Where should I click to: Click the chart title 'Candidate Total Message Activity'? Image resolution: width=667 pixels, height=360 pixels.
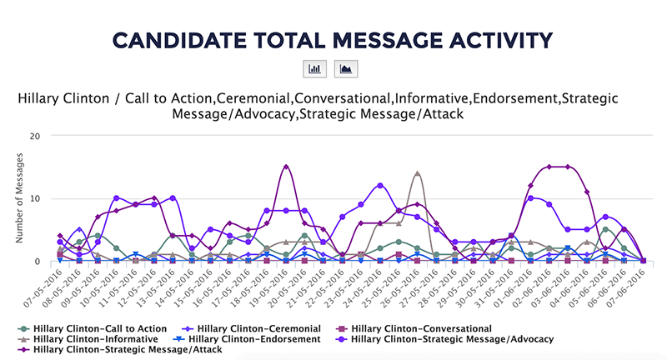[x=333, y=39]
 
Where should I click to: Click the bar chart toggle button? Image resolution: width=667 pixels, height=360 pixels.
[x=316, y=70]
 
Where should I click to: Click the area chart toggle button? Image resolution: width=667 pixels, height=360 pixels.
[x=344, y=70]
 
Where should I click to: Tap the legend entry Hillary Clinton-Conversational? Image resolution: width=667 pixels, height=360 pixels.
[x=417, y=327]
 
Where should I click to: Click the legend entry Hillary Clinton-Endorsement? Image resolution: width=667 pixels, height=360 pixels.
[x=254, y=339]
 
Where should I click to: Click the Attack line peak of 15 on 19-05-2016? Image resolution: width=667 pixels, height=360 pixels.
[x=286, y=167]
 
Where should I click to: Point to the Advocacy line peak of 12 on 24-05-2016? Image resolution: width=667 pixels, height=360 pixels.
[x=380, y=185]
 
